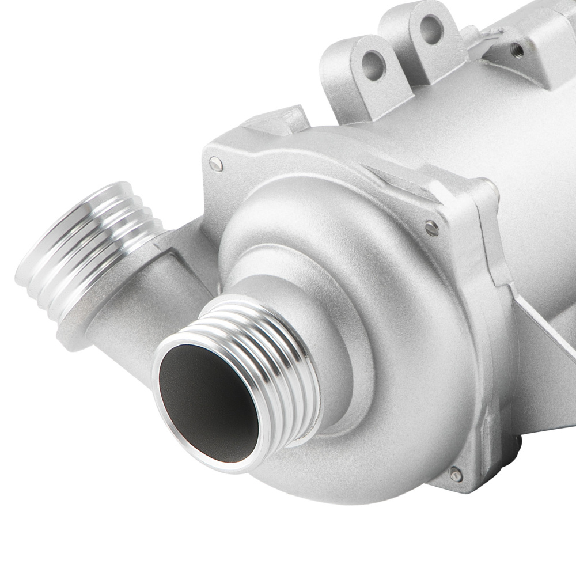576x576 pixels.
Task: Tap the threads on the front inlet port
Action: (x=271, y=346)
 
